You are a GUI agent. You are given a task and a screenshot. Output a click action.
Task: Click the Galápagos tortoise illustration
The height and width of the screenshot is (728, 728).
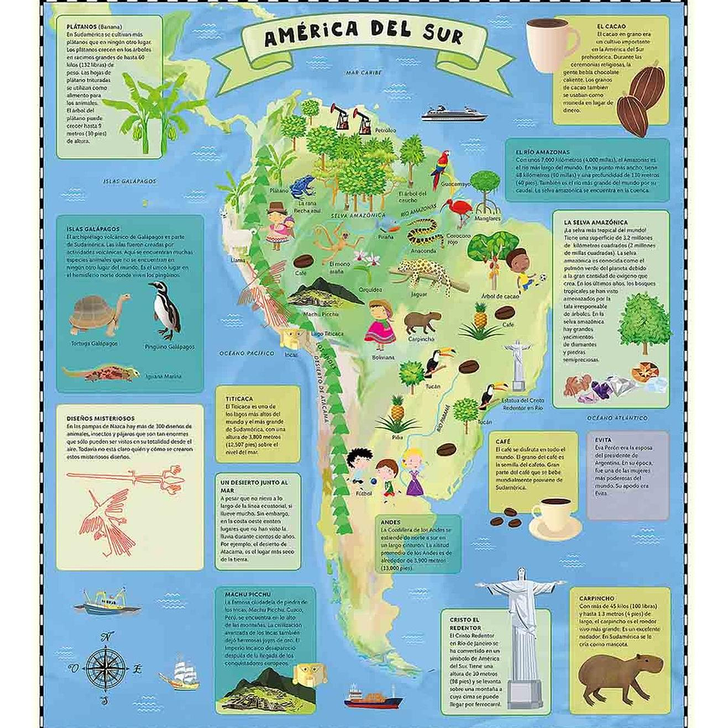[x=100, y=315]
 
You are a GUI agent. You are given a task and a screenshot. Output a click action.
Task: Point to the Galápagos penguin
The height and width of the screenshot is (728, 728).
[x=164, y=310]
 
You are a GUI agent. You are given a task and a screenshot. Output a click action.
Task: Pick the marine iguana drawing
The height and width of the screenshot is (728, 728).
[x=101, y=373]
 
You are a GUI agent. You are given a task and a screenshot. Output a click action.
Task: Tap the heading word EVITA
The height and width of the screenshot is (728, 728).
[x=604, y=439]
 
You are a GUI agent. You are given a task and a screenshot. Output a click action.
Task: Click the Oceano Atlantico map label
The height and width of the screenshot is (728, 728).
[x=617, y=418]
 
